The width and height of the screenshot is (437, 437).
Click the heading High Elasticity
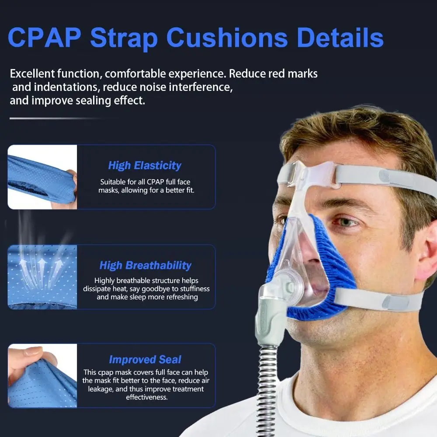[x=145, y=166]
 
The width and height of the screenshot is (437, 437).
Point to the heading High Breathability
[x=145, y=265]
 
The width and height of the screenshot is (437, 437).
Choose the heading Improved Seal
[x=145, y=360]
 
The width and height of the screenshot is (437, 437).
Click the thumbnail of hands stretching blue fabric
[x=42, y=177]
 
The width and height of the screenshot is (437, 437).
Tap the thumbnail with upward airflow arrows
[x=42, y=277]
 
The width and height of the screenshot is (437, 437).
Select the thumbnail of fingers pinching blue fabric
[x=42, y=375]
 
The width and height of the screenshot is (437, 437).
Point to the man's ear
[x=426, y=258]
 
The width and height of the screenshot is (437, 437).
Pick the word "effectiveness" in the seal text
[x=147, y=397]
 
